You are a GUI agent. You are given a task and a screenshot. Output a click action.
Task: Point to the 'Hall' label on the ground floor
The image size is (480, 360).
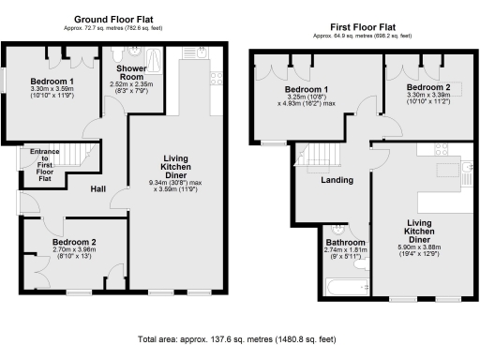[x=97, y=189]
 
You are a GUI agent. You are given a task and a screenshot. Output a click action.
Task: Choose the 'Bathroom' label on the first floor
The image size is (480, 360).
[x=344, y=239]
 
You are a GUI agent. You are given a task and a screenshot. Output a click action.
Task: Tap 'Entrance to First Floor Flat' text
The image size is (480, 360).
[x=44, y=162]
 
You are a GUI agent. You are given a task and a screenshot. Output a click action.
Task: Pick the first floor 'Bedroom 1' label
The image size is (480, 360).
[x=305, y=90]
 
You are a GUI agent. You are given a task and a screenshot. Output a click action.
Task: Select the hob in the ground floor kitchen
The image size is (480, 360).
[x=217, y=77]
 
